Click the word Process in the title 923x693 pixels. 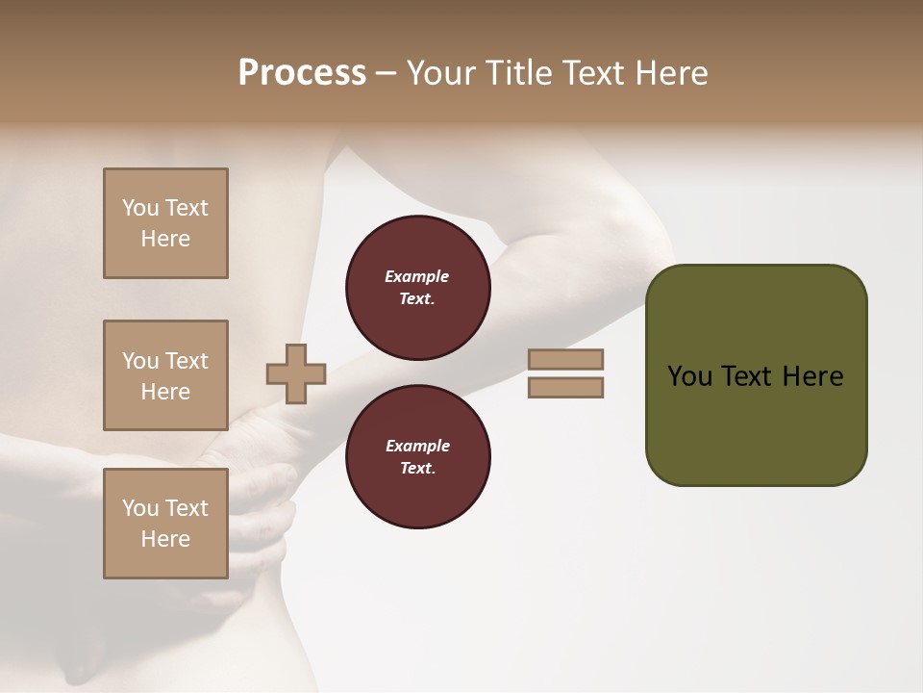click(302, 73)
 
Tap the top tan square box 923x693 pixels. click(165, 223)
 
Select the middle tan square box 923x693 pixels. click(165, 375)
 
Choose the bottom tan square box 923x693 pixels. click(165, 524)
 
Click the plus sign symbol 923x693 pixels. click(296, 373)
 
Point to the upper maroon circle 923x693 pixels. click(417, 288)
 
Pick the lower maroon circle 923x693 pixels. click(417, 457)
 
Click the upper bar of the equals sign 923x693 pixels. click(565, 360)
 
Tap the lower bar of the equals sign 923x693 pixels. click(565, 388)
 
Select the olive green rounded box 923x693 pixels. click(756, 375)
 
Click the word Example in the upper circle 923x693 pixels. click(417, 276)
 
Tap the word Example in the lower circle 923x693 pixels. click(417, 446)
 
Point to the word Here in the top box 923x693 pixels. click(165, 239)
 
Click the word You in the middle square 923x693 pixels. click(139, 361)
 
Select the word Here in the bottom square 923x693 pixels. click(165, 539)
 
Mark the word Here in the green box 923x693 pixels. click(812, 376)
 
